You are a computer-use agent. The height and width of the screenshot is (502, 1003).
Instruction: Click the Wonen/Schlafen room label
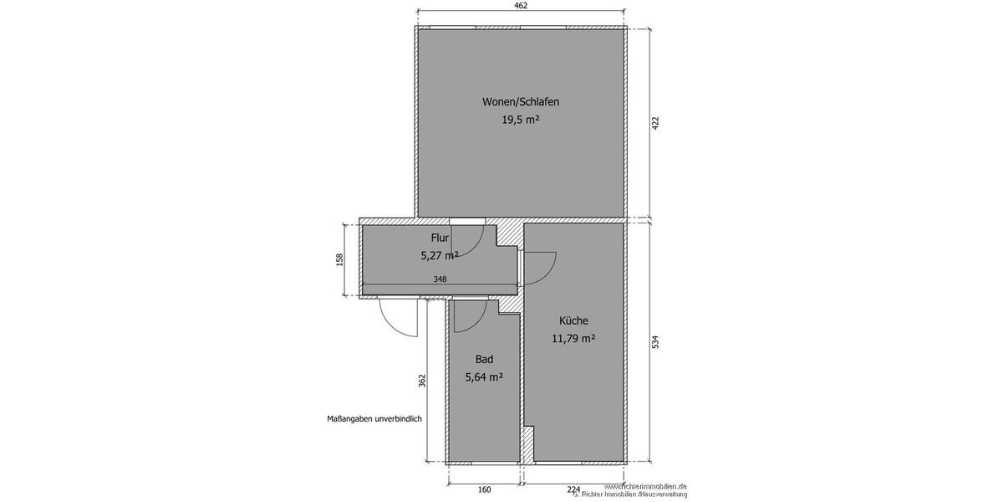(520, 102)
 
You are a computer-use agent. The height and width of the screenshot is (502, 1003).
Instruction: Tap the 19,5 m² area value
(520, 120)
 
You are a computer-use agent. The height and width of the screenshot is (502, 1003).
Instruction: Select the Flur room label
(440, 238)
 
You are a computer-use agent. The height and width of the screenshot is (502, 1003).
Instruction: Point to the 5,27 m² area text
(440, 256)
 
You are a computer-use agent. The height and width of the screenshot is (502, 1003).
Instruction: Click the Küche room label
(573, 320)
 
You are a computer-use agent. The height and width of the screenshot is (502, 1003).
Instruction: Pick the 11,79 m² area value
(573, 339)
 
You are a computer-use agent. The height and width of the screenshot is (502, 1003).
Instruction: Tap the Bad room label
(484, 359)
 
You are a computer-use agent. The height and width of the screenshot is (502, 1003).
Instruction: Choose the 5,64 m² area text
(484, 377)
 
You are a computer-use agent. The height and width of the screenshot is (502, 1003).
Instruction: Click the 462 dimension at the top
(520, 7)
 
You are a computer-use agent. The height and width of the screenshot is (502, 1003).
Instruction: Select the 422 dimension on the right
(656, 123)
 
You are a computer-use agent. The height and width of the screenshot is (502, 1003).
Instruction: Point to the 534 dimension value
(656, 342)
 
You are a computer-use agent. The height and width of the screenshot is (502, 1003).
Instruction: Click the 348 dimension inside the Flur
(440, 279)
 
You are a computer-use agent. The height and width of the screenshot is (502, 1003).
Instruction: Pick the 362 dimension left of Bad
(422, 381)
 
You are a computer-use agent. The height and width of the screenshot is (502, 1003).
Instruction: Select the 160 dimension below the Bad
(484, 490)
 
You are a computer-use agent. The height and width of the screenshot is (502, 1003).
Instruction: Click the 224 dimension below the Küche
(573, 490)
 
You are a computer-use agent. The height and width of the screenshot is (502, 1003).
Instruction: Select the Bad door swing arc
(470, 315)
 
